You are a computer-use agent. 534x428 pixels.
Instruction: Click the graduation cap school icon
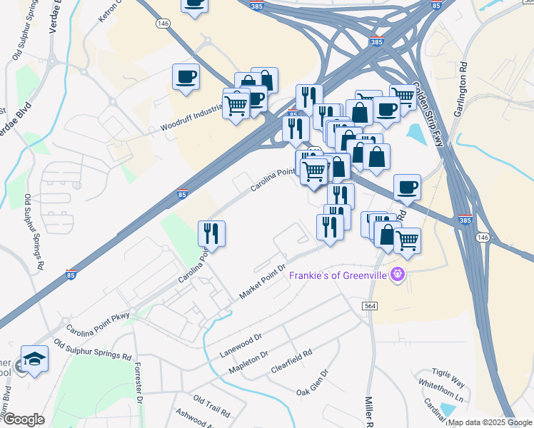coord(34,360)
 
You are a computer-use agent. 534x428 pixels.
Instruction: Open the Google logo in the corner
coord(24,419)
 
